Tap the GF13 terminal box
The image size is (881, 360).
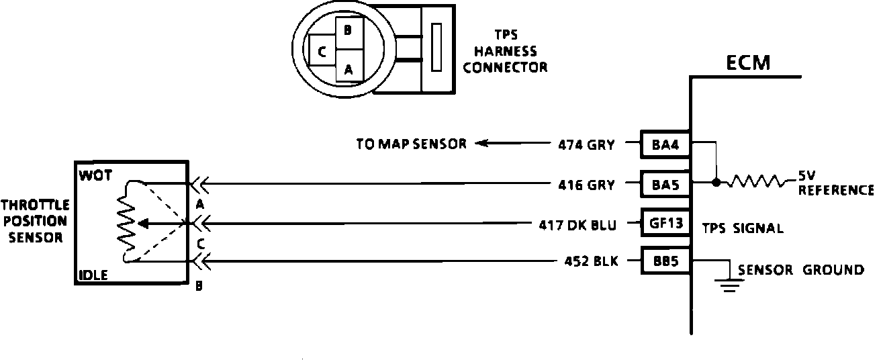665,222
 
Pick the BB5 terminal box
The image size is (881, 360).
665,261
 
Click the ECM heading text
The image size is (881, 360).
748,63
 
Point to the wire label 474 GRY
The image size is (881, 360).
586,144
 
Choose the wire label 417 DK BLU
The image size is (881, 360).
578,223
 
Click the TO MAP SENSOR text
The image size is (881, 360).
411,144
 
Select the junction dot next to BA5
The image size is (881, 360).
716,182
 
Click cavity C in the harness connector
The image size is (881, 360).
322,52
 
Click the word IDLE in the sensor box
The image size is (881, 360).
93,275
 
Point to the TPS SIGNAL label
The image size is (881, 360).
743,228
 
